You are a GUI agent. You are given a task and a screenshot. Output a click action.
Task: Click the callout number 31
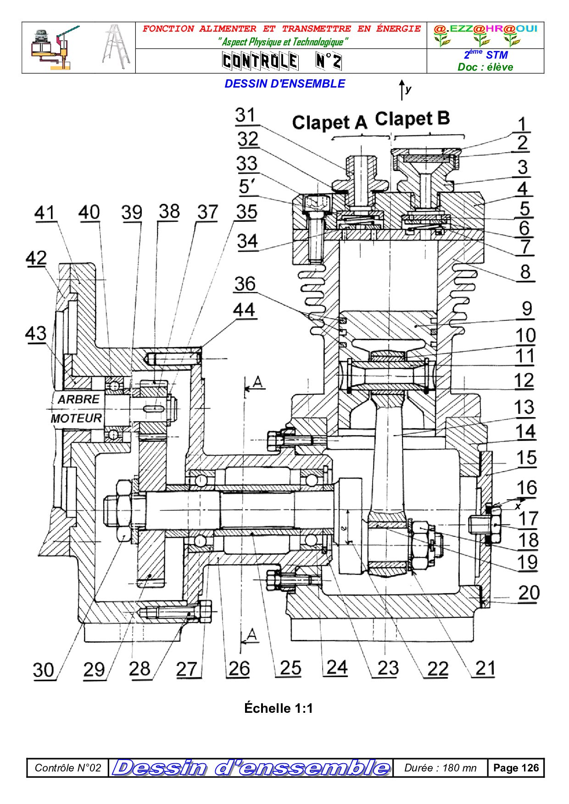tap(245, 116)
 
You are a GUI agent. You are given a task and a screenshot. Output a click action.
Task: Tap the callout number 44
tap(244, 310)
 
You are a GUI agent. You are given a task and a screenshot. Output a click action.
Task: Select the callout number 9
tap(527, 309)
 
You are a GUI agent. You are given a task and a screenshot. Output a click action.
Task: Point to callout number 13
tap(524, 407)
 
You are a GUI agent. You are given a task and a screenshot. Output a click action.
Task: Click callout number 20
tap(529, 593)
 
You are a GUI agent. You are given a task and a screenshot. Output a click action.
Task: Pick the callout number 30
tap(44, 670)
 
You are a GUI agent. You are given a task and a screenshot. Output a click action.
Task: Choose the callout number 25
tap(290, 668)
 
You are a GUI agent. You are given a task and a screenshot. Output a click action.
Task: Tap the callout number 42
tap(36, 259)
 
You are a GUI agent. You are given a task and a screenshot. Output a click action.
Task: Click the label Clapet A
tap(329, 122)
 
